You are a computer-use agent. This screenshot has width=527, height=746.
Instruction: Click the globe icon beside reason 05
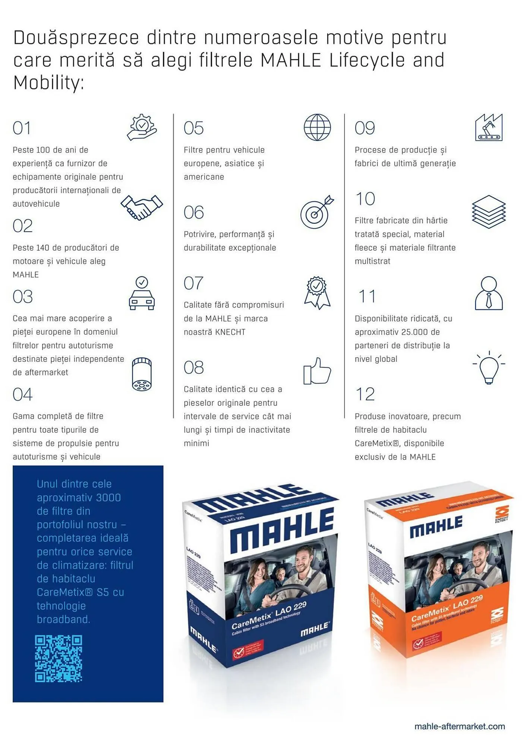click(x=317, y=128)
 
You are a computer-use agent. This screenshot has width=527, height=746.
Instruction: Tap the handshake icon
click(x=142, y=207)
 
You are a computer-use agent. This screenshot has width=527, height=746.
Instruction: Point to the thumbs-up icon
click(x=317, y=372)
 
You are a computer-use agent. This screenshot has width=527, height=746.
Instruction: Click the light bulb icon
click(x=489, y=368)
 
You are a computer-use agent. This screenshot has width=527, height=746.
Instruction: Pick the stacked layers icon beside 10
click(x=489, y=211)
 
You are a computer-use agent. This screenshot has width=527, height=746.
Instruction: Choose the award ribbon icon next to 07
click(x=317, y=292)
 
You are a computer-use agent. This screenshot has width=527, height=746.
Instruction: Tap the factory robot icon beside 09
click(x=489, y=128)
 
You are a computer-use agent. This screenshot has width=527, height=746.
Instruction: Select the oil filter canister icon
click(x=142, y=374)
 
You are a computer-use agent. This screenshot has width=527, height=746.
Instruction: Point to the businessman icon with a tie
click(x=489, y=293)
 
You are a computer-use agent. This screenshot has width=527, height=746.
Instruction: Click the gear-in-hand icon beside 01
click(x=142, y=127)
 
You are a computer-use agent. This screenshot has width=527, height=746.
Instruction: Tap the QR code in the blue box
click(x=59, y=659)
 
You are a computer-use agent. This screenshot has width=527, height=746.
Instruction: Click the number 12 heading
click(x=365, y=394)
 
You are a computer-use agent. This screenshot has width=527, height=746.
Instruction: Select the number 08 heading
click(x=194, y=368)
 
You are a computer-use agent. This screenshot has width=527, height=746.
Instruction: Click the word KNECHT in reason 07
click(x=230, y=332)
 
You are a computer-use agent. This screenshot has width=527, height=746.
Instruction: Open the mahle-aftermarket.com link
click(x=460, y=727)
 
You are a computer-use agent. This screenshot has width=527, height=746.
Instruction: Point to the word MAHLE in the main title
click(x=291, y=60)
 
